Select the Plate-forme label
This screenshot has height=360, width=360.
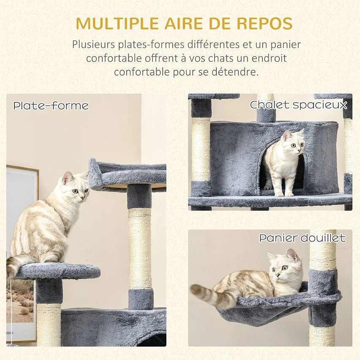click(x=51, y=106)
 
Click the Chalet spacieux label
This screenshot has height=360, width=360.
click(x=298, y=104)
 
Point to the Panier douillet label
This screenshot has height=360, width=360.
click(x=302, y=238)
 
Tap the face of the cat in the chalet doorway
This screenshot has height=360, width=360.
click(x=293, y=144)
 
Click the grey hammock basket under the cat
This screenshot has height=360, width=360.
click(x=262, y=311)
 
